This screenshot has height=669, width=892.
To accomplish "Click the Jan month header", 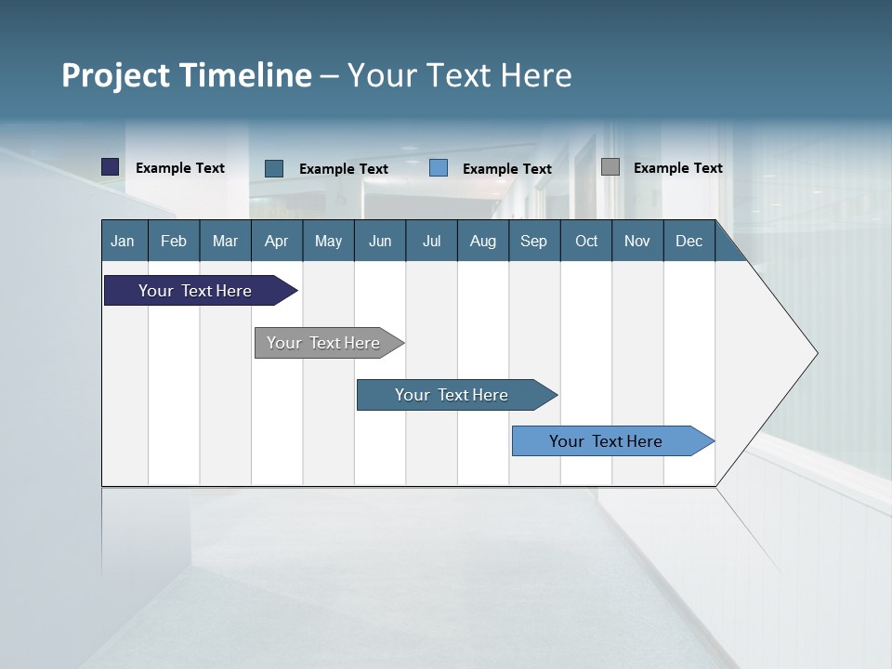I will (124, 241).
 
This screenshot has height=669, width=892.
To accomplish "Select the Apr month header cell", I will (277, 241).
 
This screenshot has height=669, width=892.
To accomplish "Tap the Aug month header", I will (483, 241).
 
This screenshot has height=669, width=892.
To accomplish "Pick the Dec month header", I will (689, 241).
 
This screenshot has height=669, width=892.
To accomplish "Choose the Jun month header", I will (380, 241).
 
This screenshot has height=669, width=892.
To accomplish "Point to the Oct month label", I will (586, 241).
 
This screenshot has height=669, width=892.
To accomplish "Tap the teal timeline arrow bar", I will (453, 395).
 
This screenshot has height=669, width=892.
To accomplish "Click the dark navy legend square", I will (111, 167).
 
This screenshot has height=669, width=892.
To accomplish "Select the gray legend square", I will (610, 167).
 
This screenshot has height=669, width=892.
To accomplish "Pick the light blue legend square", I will (439, 168).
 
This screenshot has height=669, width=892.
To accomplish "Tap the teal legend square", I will (274, 168).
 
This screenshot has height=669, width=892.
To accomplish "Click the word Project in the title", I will (115, 75).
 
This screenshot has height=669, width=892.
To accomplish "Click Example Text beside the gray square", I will (677, 168).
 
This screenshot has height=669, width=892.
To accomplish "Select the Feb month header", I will (174, 241).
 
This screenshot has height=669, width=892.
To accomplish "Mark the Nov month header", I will (637, 241).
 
